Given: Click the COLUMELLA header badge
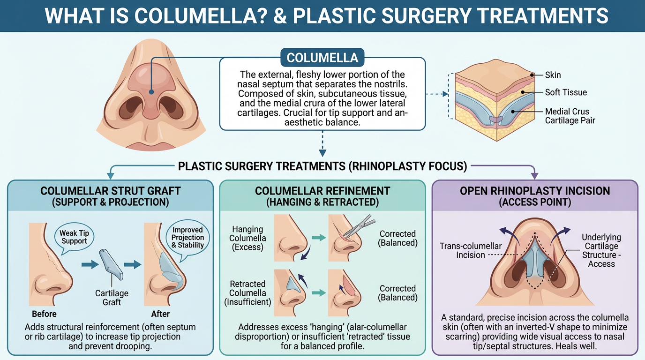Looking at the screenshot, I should pos(322,58).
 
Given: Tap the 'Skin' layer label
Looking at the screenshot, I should pos(553,75).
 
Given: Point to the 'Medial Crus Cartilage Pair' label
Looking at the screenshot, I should pos(570,116).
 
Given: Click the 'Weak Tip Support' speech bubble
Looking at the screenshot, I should pos(74,237).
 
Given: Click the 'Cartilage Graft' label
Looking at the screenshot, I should pos(112,298).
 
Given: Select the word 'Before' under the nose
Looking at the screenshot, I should pos(44,314).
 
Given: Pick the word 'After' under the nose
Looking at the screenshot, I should pos(160,314).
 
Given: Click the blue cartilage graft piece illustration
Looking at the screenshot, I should pos(112,265).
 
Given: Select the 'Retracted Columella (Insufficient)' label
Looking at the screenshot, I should pos(248,293).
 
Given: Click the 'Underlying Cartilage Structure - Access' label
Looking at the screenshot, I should pos(601,250).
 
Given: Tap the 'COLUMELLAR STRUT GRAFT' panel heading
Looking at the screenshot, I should pos(110,191).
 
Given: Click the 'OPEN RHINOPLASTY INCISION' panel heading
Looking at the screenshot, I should pos(535,191).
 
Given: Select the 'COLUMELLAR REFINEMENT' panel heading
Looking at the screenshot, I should pos(322,191).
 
